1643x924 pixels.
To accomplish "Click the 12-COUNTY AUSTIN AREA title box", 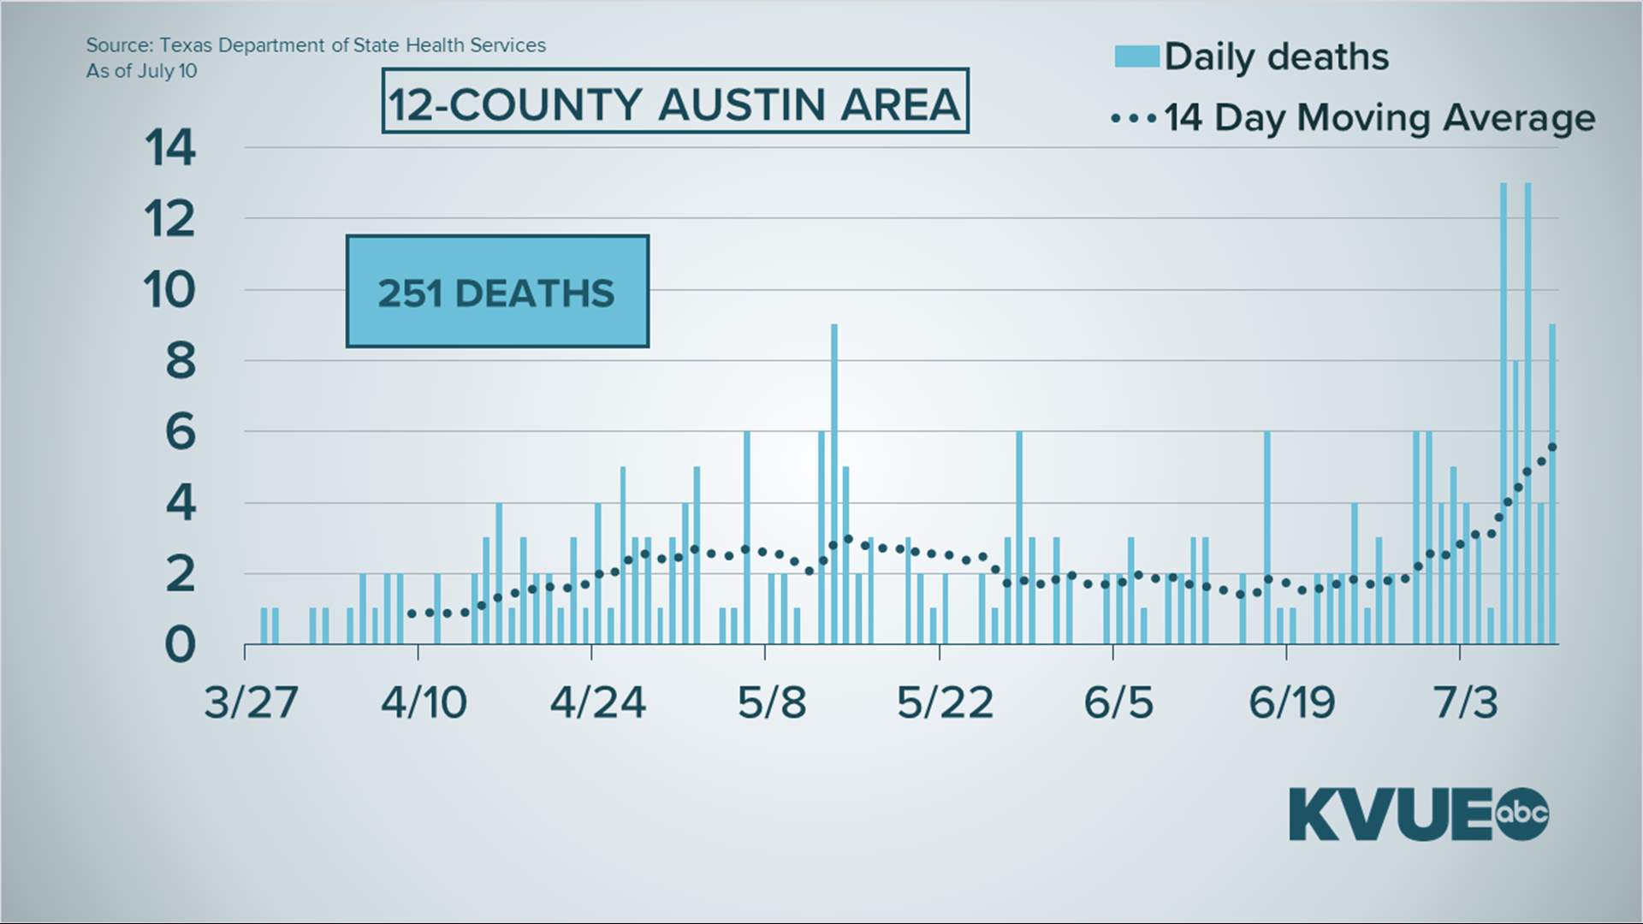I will (674, 102).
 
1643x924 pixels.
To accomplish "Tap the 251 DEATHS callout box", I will (497, 292).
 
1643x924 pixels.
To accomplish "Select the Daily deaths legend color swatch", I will (1136, 56).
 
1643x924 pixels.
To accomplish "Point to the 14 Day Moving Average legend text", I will (1379, 117).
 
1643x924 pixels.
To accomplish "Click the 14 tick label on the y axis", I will (170, 148).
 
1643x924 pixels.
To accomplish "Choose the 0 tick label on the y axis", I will (180, 645).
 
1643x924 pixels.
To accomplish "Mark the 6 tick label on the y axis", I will (180, 432).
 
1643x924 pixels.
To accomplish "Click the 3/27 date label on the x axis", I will (251, 702).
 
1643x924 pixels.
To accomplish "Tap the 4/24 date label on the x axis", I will (597, 702).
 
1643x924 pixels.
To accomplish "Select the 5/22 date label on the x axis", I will (945, 702).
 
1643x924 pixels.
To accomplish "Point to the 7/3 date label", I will (1466, 702).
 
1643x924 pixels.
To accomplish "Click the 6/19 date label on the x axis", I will (1291, 702).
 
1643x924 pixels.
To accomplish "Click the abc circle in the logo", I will (1522, 813).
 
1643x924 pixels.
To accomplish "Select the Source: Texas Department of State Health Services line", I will (316, 45).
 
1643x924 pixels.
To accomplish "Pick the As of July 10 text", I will (141, 71).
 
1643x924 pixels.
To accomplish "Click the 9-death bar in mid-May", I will (834, 483).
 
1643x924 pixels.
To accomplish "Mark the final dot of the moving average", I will (1552, 447).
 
